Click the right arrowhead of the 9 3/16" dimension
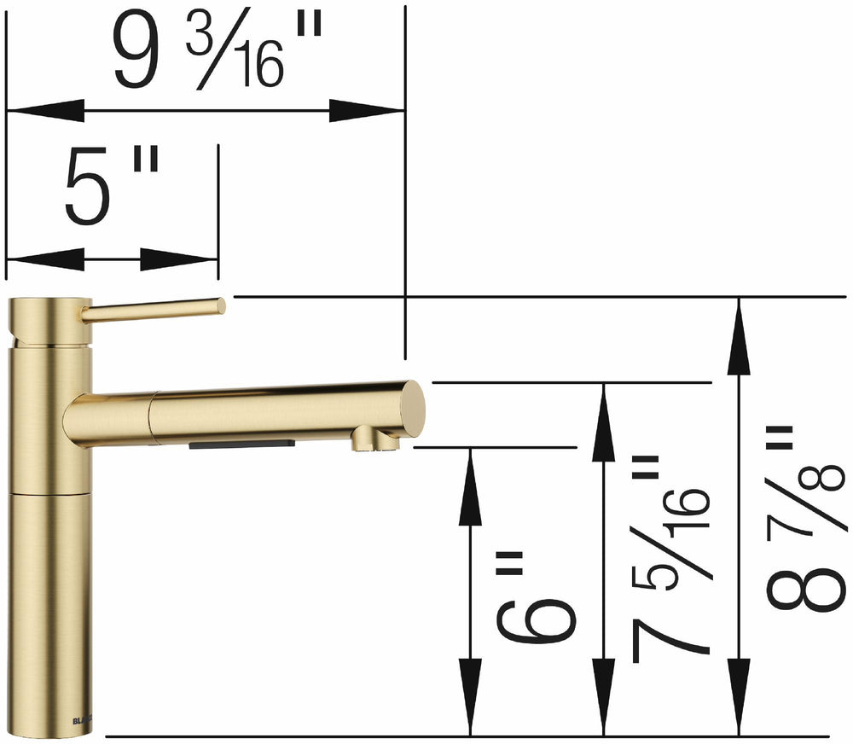click(x=367, y=110)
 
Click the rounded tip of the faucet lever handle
click(x=219, y=305)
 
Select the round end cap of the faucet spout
click(x=414, y=409)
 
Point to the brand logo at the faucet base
click(x=80, y=718)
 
